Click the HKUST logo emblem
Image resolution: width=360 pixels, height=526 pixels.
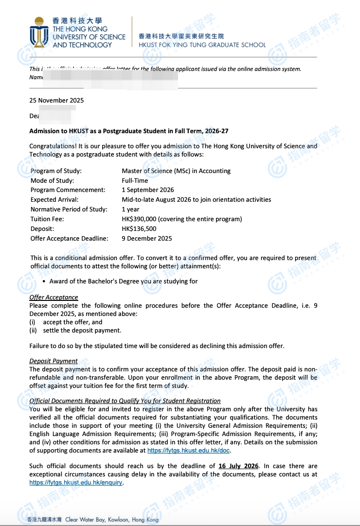tap(39, 32)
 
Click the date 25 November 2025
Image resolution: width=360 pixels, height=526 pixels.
tap(56, 101)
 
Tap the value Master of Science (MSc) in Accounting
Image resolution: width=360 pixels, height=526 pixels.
tap(176, 171)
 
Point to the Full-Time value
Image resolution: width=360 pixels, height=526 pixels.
tap(135, 180)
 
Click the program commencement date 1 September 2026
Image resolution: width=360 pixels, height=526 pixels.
tap(148, 190)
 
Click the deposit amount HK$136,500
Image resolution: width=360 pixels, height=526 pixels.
tap(139, 229)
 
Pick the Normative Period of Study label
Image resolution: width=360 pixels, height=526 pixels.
tap(68, 210)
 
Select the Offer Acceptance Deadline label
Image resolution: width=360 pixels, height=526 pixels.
tap(69, 239)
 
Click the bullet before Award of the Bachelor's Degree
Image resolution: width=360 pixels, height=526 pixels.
tap(44, 281)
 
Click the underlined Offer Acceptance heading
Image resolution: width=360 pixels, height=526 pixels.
tap(54, 298)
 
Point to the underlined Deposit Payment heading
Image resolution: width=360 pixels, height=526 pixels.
tap(54, 361)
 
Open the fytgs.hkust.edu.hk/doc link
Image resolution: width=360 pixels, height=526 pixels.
tap(188, 451)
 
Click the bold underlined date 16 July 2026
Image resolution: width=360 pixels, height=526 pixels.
tap(239, 466)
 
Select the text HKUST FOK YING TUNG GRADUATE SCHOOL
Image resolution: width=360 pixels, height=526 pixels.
tap(202, 45)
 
